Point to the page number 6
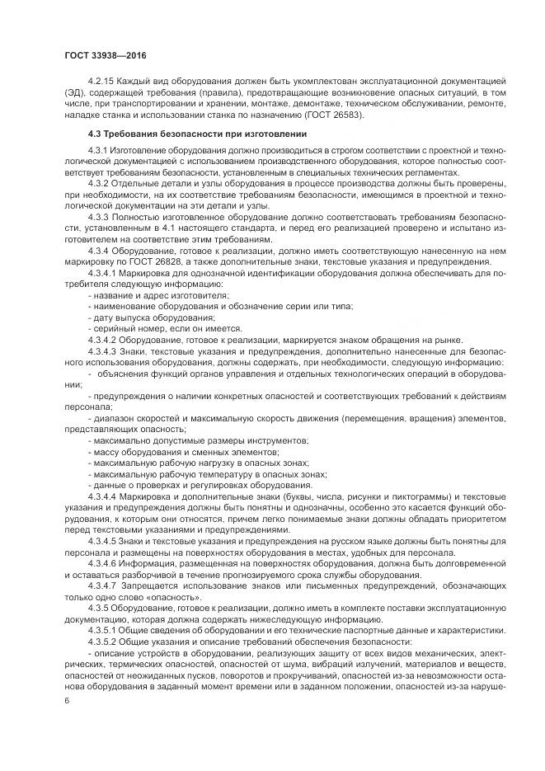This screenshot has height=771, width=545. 65,700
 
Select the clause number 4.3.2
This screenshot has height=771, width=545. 100,183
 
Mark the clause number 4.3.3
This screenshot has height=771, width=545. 100,216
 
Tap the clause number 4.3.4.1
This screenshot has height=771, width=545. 103,271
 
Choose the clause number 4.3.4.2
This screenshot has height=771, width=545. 103,339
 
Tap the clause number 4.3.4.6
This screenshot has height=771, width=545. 103,563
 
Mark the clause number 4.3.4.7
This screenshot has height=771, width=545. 103,585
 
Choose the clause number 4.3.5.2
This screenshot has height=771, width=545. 103,641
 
